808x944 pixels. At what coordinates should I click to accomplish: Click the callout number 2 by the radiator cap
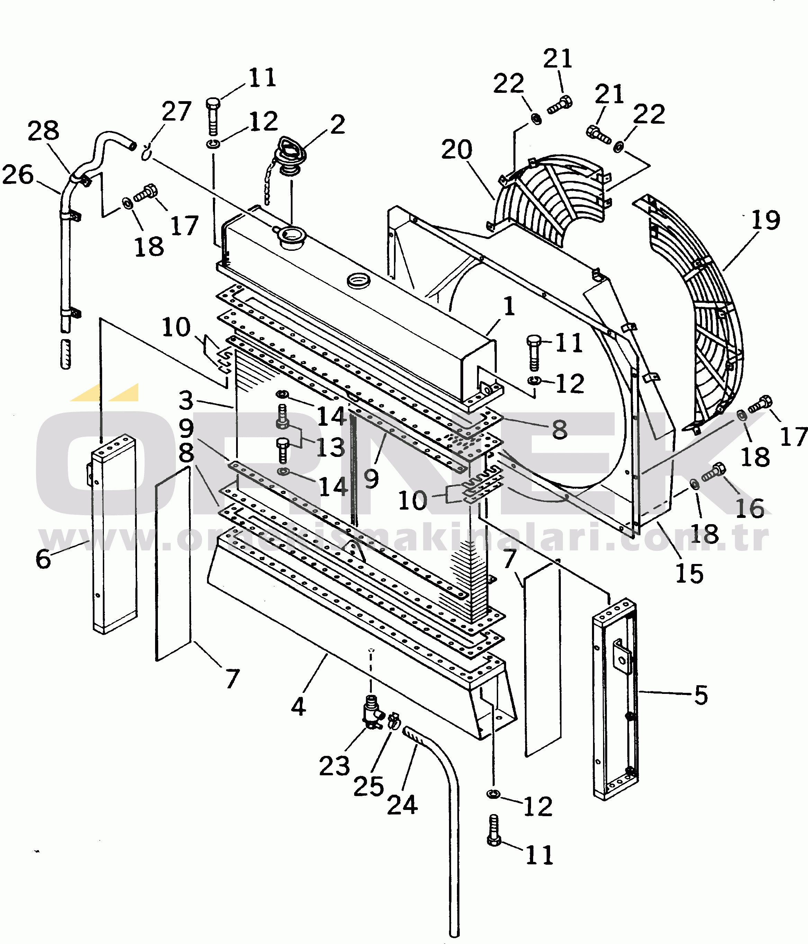point(337,124)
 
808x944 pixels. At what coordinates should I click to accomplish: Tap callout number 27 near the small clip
point(177,112)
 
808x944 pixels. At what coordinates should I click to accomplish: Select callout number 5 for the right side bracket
point(701,695)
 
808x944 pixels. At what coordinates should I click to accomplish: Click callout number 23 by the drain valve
point(334,766)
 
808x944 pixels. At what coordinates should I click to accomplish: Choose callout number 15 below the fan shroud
point(689,573)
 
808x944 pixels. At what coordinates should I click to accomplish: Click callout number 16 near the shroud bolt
point(750,509)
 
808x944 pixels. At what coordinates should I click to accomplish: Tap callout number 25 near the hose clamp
point(368,786)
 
